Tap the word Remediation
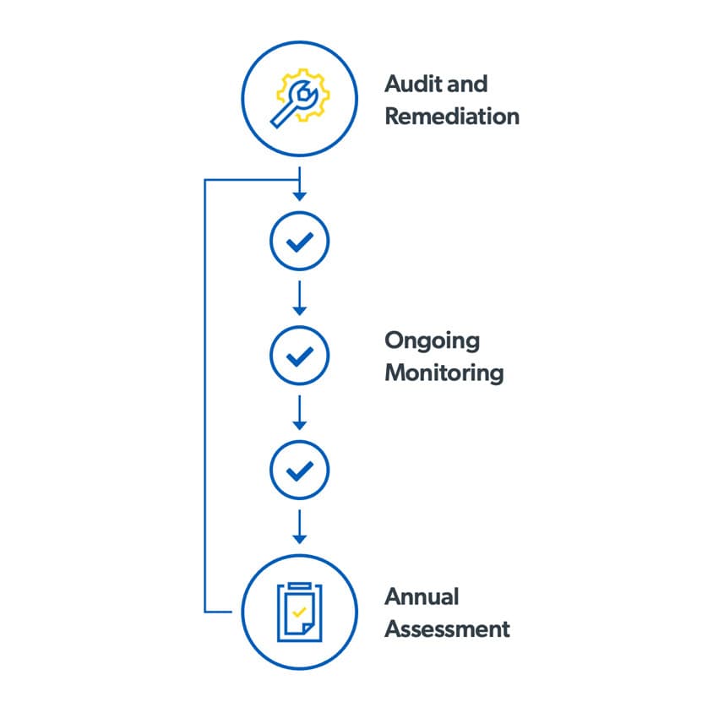[451, 117]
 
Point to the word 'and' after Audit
[470, 84]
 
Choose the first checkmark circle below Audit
[299, 242]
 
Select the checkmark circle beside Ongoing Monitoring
[299, 356]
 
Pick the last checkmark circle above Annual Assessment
[299, 471]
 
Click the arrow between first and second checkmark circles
[299, 297]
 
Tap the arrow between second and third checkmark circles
[299, 412]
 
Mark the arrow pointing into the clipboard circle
[299, 527]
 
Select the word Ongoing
[432, 342]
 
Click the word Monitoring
[444, 373]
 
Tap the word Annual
[422, 597]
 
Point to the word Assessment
[447, 629]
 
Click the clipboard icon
[299, 609]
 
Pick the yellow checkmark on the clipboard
[298, 610]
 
